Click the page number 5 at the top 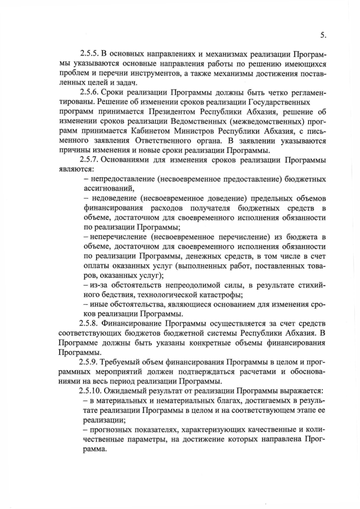tap(323, 35)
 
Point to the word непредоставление tap(127, 179)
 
